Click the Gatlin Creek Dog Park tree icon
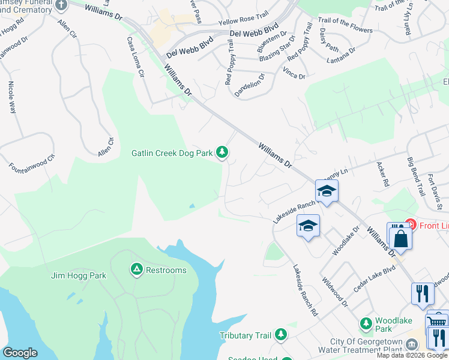coord(223,153)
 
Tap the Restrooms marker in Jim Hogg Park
coord(137,270)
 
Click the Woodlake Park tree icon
coord(366,324)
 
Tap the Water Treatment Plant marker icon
coord(412,345)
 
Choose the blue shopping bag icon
coord(400,239)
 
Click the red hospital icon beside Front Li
coord(411,225)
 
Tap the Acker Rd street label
coord(382,173)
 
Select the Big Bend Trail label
coord(415,172)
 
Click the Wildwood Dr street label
coord(334,292)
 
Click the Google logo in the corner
coord(20,353)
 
